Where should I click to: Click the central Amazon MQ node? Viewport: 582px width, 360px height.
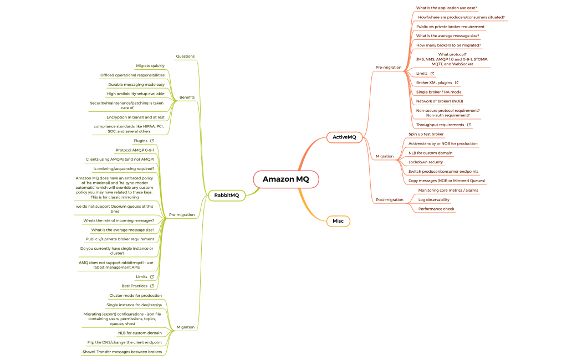286,179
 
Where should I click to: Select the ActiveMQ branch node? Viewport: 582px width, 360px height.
344,137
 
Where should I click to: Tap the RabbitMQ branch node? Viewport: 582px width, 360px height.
227,195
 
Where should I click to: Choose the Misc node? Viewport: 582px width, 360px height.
338,221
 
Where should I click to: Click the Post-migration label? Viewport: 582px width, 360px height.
389,199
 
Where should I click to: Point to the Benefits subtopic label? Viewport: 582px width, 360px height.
187,97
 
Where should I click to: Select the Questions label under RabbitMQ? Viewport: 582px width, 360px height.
185,56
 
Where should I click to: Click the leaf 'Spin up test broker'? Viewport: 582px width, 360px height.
426,134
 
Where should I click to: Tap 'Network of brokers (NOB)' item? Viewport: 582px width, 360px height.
440,101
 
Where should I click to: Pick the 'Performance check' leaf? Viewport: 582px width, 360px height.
436,209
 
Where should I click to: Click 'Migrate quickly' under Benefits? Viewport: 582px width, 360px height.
150,66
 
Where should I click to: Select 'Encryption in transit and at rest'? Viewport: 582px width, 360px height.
135,117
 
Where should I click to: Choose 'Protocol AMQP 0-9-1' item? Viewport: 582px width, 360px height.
135,150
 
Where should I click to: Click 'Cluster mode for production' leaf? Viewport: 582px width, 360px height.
135,296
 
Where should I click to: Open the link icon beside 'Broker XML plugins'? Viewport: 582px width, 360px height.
457,83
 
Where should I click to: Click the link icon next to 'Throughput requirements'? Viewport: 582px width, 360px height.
469,125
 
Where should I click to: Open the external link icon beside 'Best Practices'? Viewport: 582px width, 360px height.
152,286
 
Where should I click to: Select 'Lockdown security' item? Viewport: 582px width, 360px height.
426,162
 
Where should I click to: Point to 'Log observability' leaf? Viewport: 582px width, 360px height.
433,199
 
